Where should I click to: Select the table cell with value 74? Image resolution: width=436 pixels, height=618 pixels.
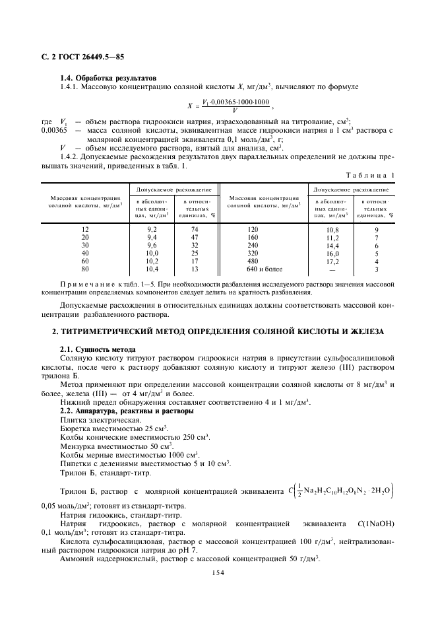coord(195,228)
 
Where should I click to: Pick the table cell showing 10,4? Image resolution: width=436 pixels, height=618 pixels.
coord(151,269)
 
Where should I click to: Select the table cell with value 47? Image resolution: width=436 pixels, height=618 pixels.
coord(195,236)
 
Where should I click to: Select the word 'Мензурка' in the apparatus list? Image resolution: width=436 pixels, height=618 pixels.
coord(79,446)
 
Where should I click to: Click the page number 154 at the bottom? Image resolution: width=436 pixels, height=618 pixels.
coord(218,573)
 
